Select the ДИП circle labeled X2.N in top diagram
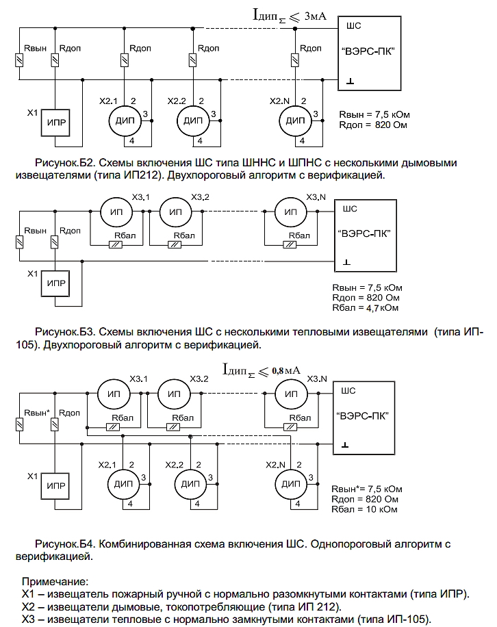click(294, 121)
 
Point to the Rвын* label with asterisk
click(37, 413)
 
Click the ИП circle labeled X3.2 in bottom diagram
click(174, 395)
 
